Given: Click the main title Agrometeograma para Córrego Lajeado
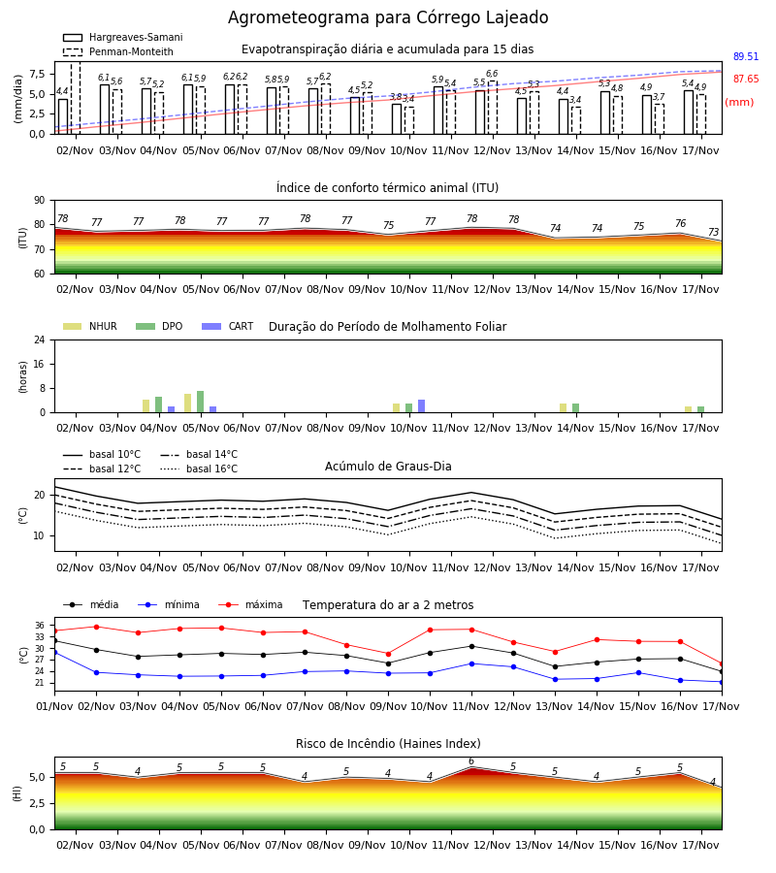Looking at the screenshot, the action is (x=388, y=17).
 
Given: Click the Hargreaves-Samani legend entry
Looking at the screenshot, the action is (x=123, y=37).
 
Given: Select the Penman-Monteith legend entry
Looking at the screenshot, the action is (x=118, y=51).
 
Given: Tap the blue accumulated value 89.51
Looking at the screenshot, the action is (x=746, y=57).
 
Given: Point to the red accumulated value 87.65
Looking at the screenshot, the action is (x=746, y=80).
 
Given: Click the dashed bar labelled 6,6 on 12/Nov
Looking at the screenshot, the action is (x=493, y=108).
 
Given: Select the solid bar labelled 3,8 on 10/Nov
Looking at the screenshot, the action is (x=397, y=119).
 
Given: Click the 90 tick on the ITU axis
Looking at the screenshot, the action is (x=40, y=201).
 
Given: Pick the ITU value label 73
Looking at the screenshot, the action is (x=713, y=232).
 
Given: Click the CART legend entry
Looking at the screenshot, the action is (x=228, y=326).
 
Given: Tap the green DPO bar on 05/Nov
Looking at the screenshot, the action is (x=201, y=402).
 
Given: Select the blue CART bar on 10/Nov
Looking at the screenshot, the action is (x=421, y=406).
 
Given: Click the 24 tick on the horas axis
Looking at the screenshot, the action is (x=40, y=340).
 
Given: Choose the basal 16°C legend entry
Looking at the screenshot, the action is (x=199, y=469).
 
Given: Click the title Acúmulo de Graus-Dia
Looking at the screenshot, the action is (x=388, y=467).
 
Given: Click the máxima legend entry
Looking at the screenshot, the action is (x=251, y=604).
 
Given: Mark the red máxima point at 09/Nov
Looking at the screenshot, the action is (x=389, y=654).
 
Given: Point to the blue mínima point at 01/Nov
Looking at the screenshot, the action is (x=54, y=652).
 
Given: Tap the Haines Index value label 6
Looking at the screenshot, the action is (x=471, y=761).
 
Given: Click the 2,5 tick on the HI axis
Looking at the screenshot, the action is (x=38, y=803).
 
